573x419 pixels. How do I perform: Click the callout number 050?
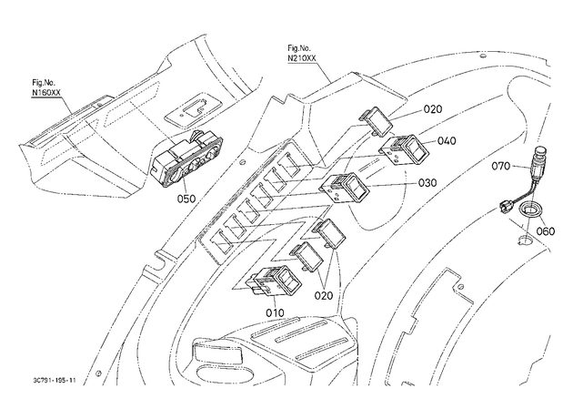186,199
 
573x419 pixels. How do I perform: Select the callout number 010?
275,312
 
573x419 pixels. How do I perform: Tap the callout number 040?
447,141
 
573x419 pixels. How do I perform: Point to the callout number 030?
427,182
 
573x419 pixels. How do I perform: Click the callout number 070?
500,166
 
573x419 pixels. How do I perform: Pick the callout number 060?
546,231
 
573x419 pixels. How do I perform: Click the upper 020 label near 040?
433,109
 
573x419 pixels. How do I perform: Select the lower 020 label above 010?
324,295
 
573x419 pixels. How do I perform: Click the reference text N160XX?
46,93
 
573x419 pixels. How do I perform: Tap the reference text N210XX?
302,58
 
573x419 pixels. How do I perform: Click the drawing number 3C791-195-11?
54,380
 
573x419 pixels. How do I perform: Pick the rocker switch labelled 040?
406,149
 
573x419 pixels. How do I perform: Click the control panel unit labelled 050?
186,158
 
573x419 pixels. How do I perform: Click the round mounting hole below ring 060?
525,240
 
